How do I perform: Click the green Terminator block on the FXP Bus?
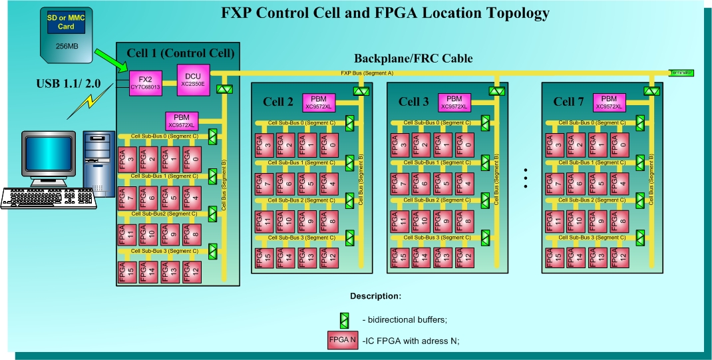[x=681, y=72]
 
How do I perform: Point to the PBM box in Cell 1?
[x=181, y=120]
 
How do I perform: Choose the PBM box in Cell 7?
[x=609, y=101]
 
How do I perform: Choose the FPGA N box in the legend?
[x=343, y=340]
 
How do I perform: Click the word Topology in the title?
[x=506, y=13]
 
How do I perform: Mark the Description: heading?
[x=375, y=295]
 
